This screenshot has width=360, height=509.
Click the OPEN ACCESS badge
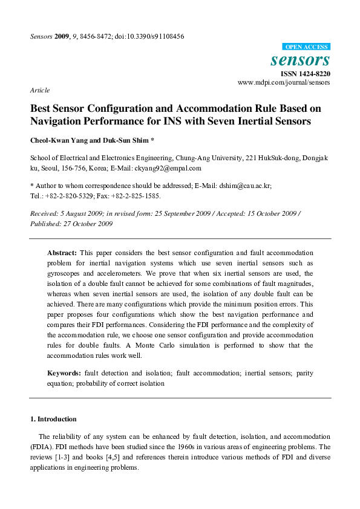click(x=306, y=47)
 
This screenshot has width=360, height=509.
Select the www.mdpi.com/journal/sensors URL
click(x=284, y=82)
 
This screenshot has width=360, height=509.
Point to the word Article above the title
click(x=39, y=90)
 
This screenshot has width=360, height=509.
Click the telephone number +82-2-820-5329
click(x=65, y=196)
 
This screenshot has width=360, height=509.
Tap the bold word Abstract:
click(x=62, y=252)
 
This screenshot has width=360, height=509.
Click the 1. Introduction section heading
click(x=53, y=419)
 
